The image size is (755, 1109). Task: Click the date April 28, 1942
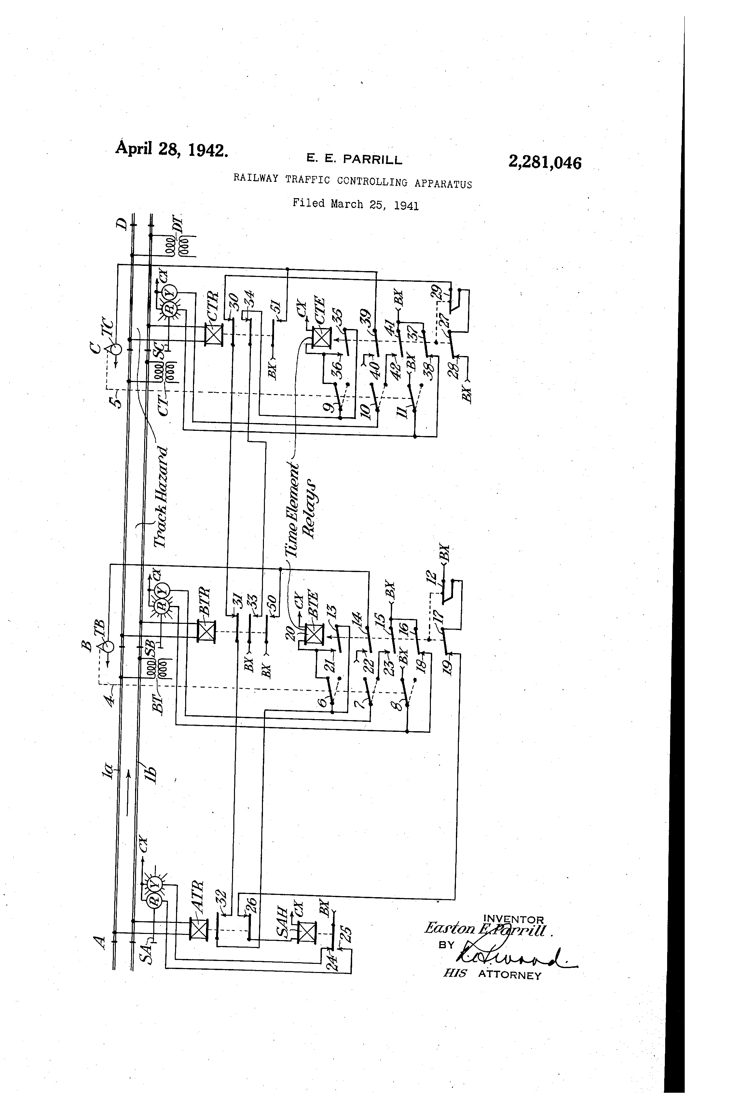coord(171,149)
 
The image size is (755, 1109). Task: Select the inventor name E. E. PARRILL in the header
coord(354,159)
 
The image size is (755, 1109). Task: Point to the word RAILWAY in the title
coord(255,178)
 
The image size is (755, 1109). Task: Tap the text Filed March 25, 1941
coord(356,204)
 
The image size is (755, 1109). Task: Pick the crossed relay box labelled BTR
coord(206,632)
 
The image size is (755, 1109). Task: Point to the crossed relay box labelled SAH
coord(306,932)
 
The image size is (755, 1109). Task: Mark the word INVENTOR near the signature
coord(513,919)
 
